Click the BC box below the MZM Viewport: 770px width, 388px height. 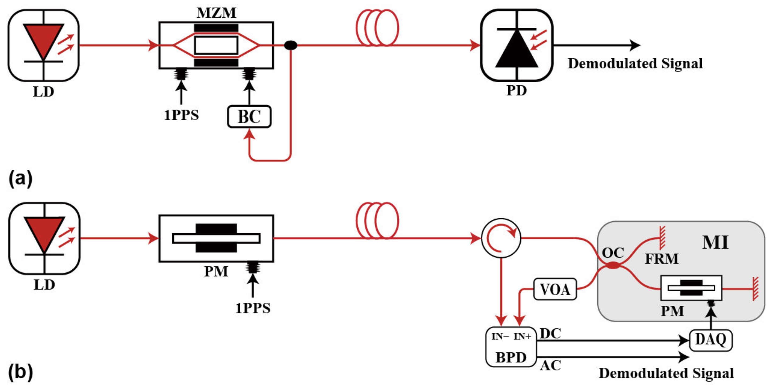point(249,117)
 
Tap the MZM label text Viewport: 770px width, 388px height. point(217,13)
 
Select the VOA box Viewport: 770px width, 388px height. point(555,289)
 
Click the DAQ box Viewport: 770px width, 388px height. point(711,340)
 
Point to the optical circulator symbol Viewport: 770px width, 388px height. point(501,238)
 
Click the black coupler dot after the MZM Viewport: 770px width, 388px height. point(291,45)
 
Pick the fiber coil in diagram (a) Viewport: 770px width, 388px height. point(377,28)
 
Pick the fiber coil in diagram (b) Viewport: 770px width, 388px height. point(377,221)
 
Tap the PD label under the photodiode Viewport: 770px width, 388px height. point(517,90)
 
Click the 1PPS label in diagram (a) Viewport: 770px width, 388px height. point(181,115)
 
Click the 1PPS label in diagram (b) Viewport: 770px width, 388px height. point(253,308)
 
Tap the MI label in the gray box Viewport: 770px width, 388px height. point(715,242)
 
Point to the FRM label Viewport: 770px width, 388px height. point(662,259)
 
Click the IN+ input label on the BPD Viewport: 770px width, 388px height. point(522,337)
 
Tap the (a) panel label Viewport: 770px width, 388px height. point(20,179)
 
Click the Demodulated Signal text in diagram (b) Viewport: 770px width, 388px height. point(666,373)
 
